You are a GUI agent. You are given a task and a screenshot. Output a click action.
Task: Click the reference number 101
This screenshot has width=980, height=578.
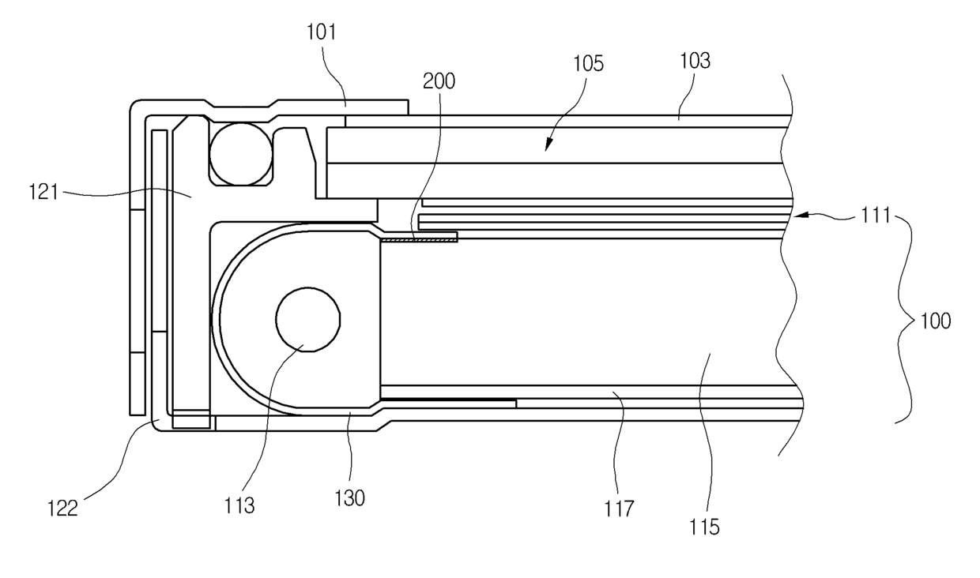(321, 33)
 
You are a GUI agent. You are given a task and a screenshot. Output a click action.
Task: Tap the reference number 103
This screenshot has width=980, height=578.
(694, 61)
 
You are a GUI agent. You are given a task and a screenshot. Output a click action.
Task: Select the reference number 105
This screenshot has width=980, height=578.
(586, 64)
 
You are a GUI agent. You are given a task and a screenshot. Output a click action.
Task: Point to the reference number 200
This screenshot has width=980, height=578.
(439, 81)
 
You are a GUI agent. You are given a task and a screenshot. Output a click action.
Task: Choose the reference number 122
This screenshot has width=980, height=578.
(62, 509)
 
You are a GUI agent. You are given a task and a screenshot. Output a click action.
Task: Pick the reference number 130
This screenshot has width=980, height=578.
(350, 499)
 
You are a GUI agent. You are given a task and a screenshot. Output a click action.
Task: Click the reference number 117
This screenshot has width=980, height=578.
(620, 509)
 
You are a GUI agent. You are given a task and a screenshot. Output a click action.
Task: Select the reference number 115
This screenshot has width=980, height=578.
(704, 527)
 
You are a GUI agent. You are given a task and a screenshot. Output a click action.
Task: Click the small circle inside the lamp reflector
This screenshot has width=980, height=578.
(307, 319)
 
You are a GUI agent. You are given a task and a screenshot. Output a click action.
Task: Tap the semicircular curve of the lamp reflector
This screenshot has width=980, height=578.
(221, 316)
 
